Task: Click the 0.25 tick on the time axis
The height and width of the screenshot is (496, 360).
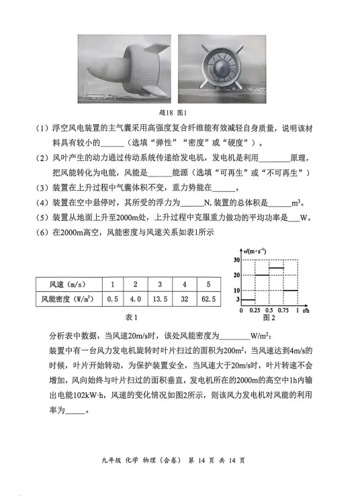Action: tap(255, 312)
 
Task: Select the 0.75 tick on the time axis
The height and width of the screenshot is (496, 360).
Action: tap(284, 312)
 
